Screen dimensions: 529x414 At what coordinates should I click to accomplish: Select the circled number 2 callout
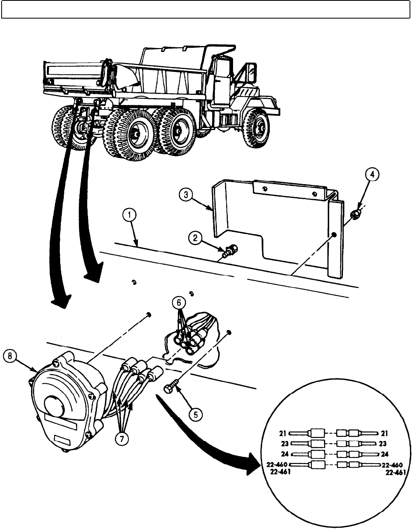(x=195, y=238)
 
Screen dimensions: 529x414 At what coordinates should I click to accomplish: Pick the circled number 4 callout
(x=372, y=175)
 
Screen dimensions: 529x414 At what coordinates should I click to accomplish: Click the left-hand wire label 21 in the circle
(x=282, y=433)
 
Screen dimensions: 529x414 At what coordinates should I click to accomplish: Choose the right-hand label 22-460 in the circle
(x=393, y=464)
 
